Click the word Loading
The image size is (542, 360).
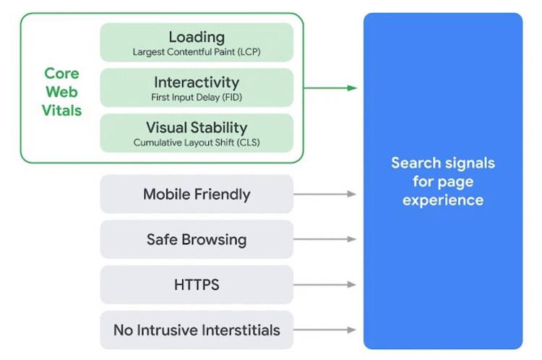coord(197,36)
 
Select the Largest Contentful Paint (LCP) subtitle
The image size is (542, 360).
coord(197,52)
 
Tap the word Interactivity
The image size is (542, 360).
coord(197,82)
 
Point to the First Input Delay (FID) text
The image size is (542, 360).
coord(197,98)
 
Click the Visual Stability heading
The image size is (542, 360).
coord(197,127)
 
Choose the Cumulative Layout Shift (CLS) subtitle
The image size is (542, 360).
coord(197,143)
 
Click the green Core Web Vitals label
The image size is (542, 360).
coord(62,92)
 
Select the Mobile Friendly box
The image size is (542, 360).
coord(197,194)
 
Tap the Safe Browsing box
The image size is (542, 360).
coord(197,239)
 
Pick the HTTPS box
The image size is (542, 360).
coord(197,285)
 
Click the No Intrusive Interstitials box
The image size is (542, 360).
coord(197,330)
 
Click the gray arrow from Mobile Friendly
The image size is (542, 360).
coord(325,194)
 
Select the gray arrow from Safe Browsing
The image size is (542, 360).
coord(325,239)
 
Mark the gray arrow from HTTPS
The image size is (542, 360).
coord(325,285)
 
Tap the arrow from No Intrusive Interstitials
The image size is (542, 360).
coord(325,330)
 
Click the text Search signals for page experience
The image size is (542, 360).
coord(443,181)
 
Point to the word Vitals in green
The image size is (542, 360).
coord(62,111)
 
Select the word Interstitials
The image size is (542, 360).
coord(239,330)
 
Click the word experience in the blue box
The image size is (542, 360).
coord(443,200)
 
